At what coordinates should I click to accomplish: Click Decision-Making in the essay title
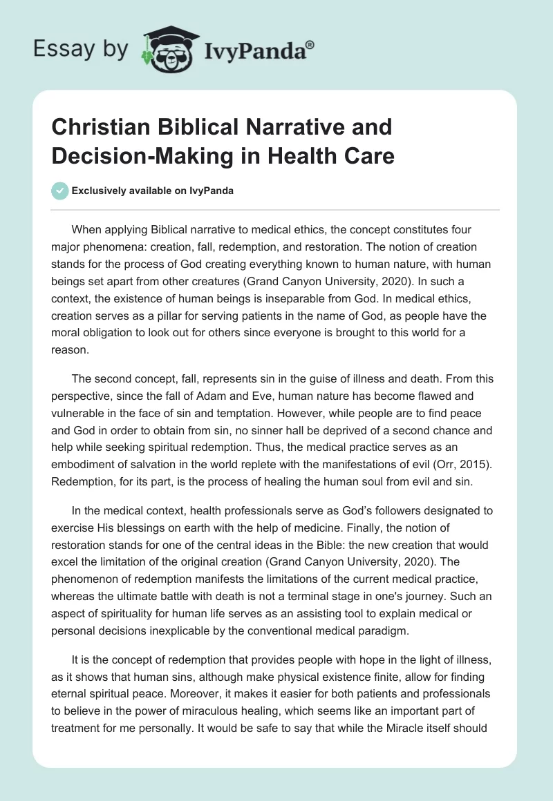[x=140, y=155]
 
